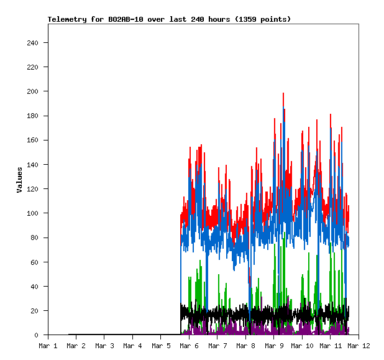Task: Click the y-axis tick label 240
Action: (33, 43)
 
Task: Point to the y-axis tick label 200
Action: (33, 91)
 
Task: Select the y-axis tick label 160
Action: (33, 141)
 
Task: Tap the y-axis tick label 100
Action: (33, 213)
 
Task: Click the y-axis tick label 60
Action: (35, 262)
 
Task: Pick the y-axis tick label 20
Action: (35, 311)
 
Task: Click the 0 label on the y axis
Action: (37, 335)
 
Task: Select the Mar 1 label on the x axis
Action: (48, 346)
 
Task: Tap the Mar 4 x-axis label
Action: (132, 346)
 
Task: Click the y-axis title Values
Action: (19, 180)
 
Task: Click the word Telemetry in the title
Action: (66, 19)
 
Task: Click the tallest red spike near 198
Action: (283, 94)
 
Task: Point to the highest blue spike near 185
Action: (285, 110)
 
